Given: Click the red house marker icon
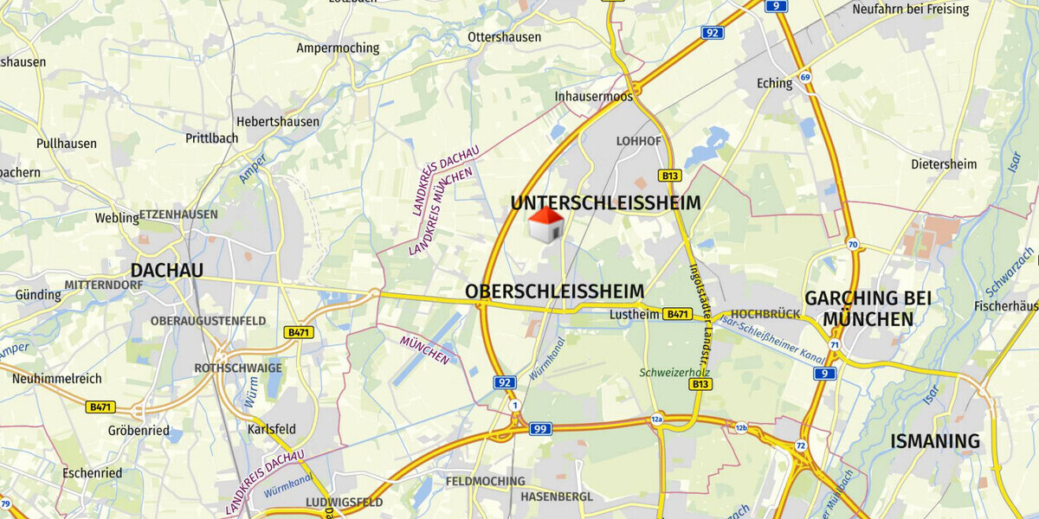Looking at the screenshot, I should (x=545, y=225).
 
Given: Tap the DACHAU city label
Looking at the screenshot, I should (x=166, y=271).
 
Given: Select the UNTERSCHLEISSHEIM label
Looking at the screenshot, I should (x=605, y=203).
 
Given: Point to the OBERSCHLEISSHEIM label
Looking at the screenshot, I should (x=555, y=292).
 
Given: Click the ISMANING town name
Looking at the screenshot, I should (x=935, y=441).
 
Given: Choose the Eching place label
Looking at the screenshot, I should (x=774, y=84).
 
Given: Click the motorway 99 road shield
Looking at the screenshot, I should (x=541, y=428).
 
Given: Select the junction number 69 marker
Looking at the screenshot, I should (x=805, y=78).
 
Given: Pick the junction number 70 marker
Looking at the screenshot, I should (x=853, y=245).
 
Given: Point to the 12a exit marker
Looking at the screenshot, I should (x=657, y=420).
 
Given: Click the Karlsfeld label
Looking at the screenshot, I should (x=271, y=429).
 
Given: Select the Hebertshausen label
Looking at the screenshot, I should (x=277, y=122).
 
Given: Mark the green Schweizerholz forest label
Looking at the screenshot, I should (x=674, y=372).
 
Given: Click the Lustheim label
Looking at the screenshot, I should (x=635, y=314).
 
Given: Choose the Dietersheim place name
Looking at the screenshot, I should (x=943, y=163).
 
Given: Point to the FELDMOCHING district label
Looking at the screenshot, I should (x=485, y=481).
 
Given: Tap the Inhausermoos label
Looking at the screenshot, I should (x=594, y=96).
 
